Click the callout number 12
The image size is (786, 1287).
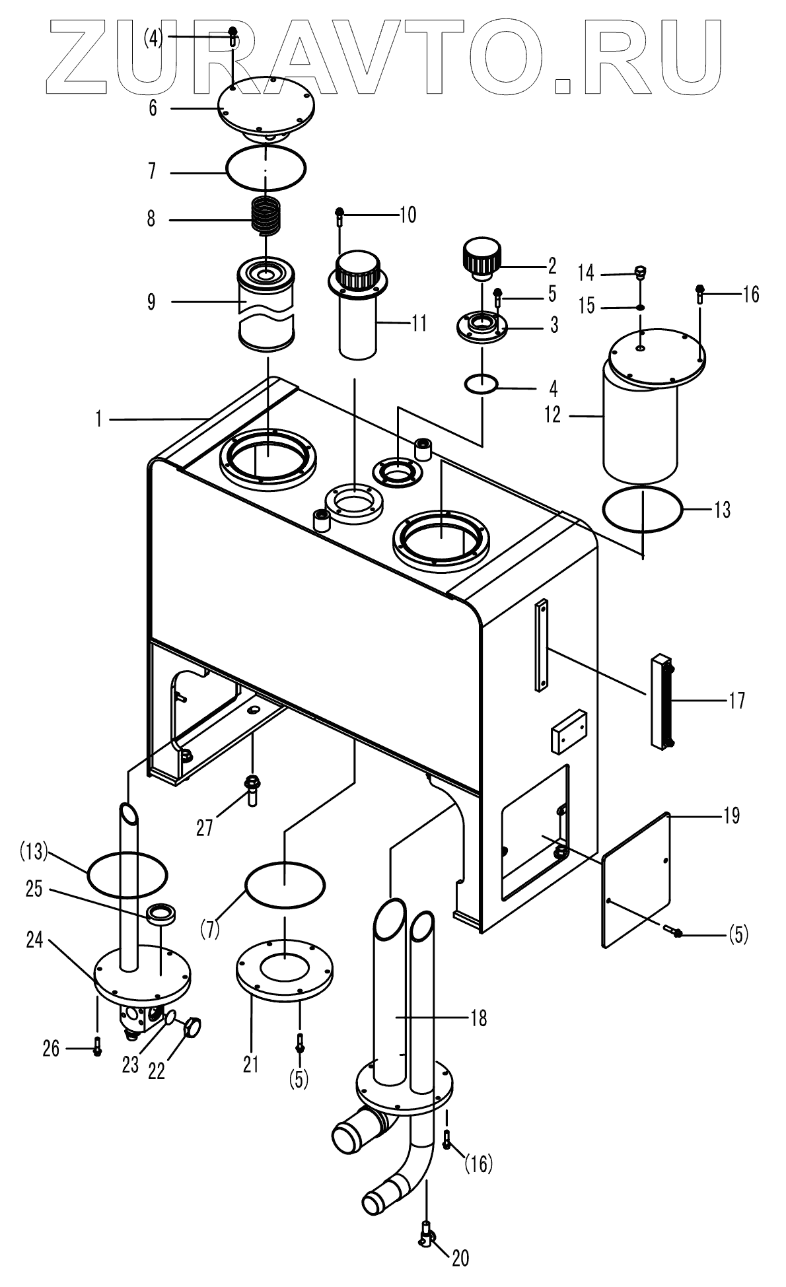[552, 415]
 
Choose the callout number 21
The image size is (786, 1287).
[251, 1064]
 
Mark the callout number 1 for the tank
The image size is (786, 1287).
[99, 419]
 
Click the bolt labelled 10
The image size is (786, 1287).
[340, 217]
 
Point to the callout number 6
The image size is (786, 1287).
[153, 108]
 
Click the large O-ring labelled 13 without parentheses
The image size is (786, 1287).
[642, 509]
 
